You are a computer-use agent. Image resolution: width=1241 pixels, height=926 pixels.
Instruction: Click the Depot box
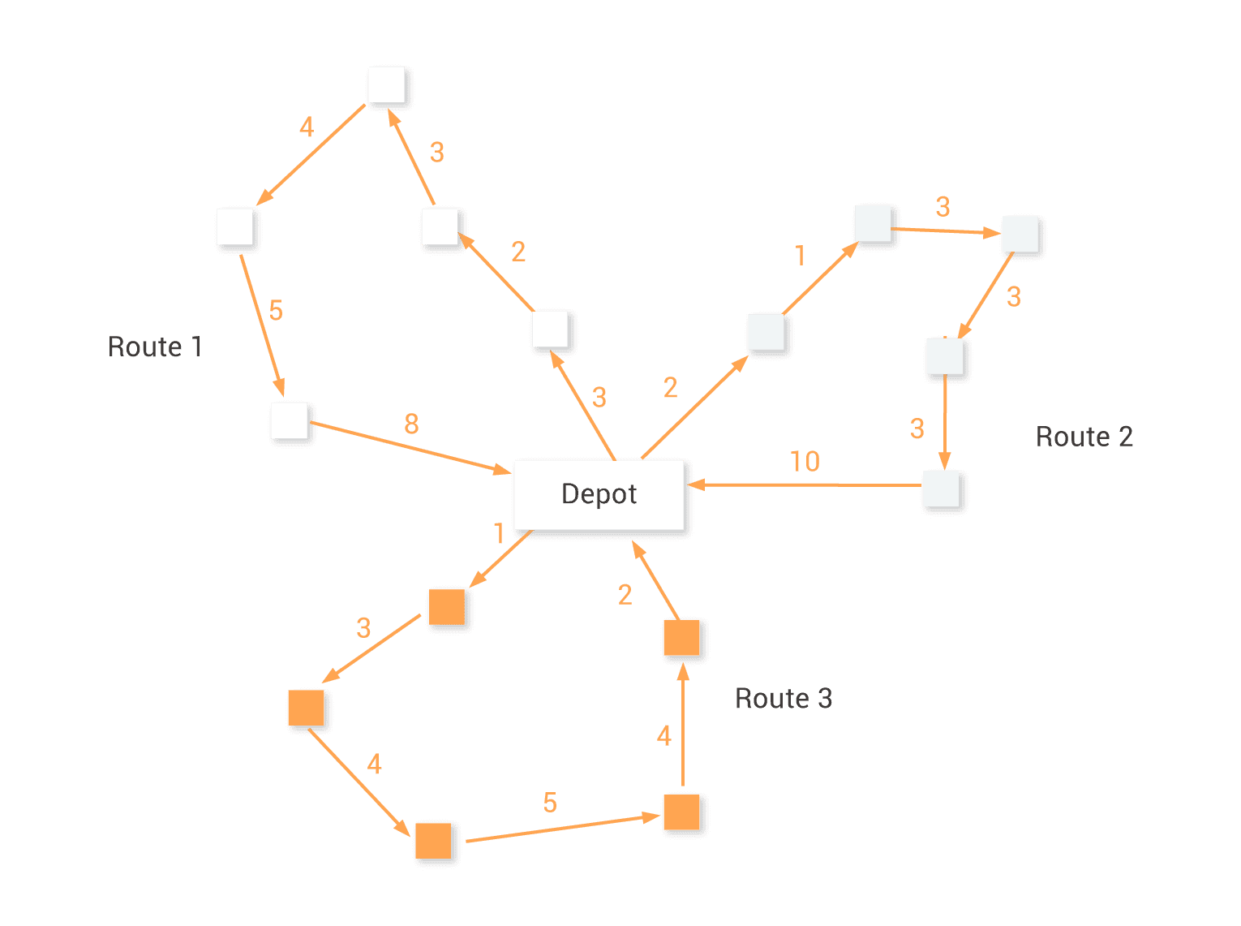[x=599, y=494]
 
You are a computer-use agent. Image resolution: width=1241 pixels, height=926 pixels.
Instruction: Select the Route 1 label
[x=154, y=347]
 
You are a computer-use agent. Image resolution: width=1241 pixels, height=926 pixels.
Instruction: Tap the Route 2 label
[x=1084, y=437]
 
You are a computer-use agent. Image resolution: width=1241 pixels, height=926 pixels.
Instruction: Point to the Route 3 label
[x=783, y=698]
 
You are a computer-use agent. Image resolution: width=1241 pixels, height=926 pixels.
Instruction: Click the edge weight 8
[x=411, y=424]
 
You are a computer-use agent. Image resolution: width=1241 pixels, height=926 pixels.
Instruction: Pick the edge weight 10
[x=805, y=462]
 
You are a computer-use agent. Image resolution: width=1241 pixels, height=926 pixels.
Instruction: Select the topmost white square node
[x=387, y=84]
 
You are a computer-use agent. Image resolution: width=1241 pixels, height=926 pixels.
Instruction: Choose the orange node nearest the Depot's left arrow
[x=446, y=606]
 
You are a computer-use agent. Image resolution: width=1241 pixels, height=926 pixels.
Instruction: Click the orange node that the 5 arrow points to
[x=681, y=812]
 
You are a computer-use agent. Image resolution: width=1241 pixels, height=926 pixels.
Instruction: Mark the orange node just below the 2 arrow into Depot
[x=681, y=638]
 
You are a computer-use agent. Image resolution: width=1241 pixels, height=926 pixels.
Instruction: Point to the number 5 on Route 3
[x=550, y=803]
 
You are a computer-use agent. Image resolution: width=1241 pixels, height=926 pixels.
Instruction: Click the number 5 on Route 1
[x=276, y=310]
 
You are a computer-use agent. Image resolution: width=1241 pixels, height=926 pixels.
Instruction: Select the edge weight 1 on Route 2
[x=801, y=256]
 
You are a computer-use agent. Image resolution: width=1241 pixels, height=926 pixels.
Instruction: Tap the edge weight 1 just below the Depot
[x=499, y=533]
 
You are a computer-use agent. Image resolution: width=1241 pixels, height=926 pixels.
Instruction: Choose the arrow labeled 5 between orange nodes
[x=560, y=828]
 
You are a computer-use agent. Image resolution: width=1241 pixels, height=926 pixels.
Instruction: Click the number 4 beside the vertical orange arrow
[x=664, y=736]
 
